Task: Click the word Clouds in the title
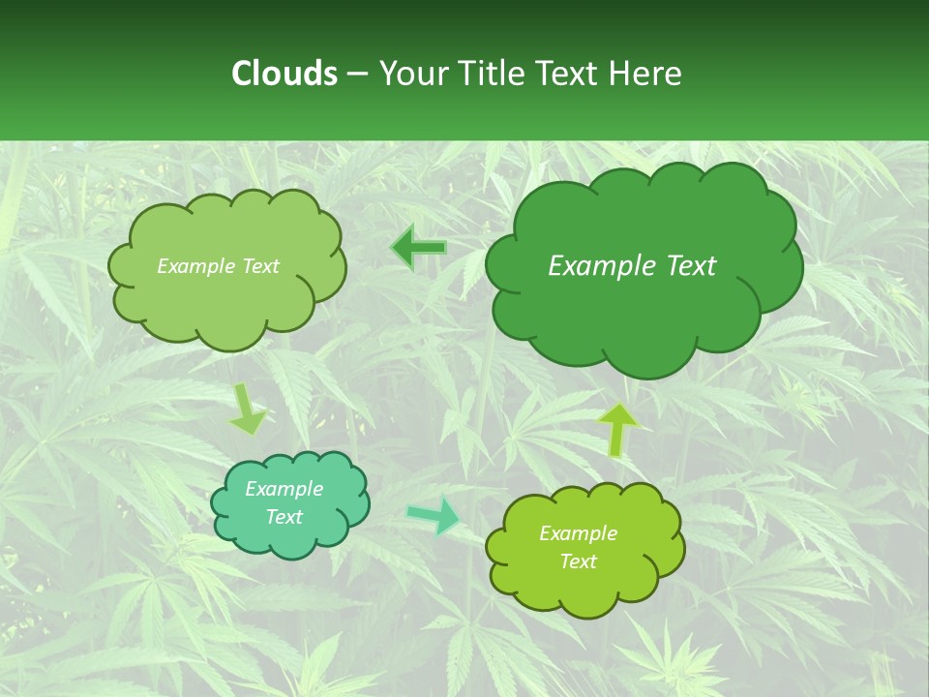click(284, 74)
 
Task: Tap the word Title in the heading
click(490, 74)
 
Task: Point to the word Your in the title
click(414, 74)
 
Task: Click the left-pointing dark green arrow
click(418, 249)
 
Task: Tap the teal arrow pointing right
click(434, 515)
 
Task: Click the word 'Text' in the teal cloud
click(285, 517)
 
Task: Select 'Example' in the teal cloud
click(285, 489)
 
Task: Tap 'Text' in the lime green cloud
click(578, 561)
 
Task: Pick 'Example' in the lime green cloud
click(578, 533)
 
